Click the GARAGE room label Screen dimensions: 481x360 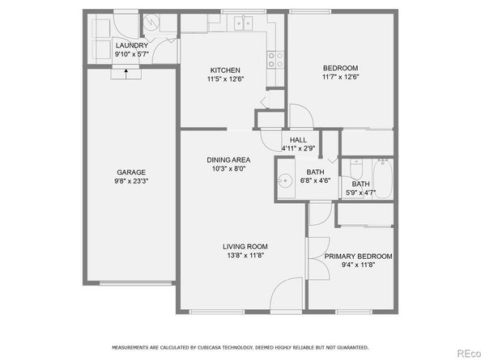point(131,172)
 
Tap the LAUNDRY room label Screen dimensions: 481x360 point(132,45)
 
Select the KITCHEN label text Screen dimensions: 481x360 point(225,70)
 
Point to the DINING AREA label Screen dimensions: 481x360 point(228,160)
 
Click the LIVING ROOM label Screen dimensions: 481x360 point(245,247)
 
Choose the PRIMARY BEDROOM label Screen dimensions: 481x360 point(358,256)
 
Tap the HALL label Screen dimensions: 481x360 point(298,140)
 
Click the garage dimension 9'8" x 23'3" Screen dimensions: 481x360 point(131,181)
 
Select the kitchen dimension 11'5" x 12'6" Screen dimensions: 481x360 point(225,79)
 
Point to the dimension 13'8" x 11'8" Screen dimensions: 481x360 point(245,255)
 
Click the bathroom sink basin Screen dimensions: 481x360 point(285,180)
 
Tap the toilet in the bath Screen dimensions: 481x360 point(356,169)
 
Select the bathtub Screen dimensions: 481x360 point(382,179)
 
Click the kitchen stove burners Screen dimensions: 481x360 point(275,60)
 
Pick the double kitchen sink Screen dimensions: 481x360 point(243,23)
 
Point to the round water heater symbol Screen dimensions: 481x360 point(151,23)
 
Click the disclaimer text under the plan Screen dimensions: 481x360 point(240,347)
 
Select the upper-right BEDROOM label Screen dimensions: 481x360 point(340,68)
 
